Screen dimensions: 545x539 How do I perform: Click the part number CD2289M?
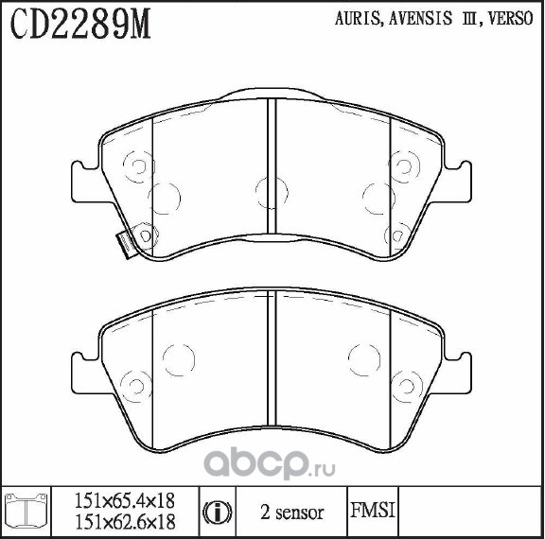pyautogui.click(x=80, y=24)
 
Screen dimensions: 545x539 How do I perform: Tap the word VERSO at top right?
pyautogui.click(x=510, y=18)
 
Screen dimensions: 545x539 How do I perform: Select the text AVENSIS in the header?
pyautogui.click(x=420, y=18)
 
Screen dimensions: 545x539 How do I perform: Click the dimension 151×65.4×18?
pyautogui.click(x=125, y=501)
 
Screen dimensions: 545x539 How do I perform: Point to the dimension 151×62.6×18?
pyautogui.click(x=125, y=522)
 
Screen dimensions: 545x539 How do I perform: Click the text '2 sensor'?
pyautogui.click(x=292, y=513)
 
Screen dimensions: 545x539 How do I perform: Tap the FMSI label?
pyautogui.click(x=373, y=511)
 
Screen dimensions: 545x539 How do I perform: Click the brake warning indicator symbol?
pyautogui.click(x=217, y=513)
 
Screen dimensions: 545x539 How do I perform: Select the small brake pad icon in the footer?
pyautogui.click(x=26, y=511)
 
